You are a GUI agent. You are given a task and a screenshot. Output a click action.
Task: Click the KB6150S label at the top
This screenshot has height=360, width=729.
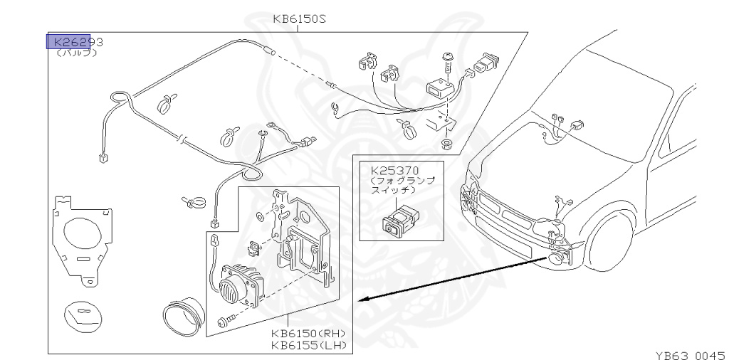(299, 19)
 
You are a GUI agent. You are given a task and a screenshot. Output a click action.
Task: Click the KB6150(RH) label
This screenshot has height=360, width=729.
(308, 334)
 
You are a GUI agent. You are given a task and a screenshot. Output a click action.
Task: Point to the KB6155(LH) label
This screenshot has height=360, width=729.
(308, 346)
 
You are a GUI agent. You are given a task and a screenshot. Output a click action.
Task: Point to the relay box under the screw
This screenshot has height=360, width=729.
(441, 89)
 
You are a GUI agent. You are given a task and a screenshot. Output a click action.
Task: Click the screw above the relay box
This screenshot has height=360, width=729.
(448, 62)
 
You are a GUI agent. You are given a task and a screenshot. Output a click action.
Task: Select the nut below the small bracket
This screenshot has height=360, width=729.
(446, 145)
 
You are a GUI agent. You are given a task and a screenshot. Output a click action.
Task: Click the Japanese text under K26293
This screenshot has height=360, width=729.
(70, 53)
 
